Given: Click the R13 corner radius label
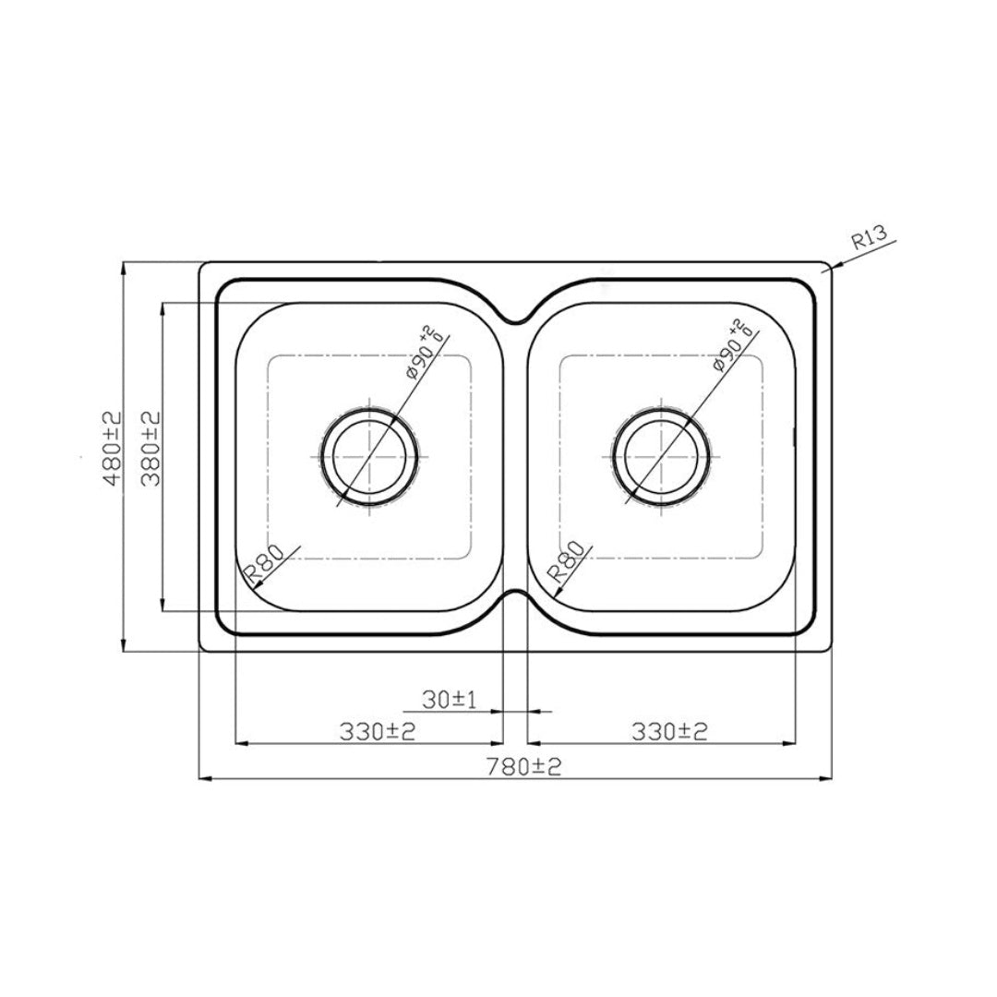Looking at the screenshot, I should click(x=869, y=240).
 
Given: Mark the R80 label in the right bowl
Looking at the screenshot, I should click(x=565, y=561).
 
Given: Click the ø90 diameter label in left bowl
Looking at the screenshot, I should click(x=419, y=354).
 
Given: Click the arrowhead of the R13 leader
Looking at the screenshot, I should click(x=832, y=267).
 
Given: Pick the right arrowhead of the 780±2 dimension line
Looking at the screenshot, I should click(x=827, y=779).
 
